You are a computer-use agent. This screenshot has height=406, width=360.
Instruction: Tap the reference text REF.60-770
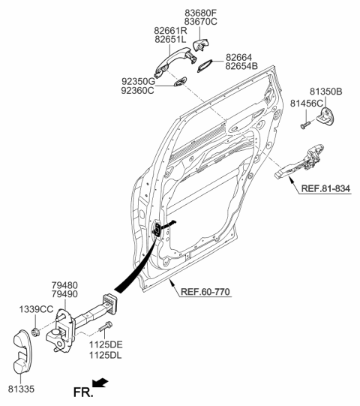click(204, 293)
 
